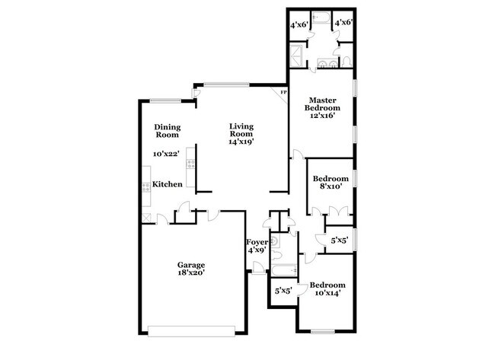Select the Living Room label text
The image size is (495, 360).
click(241, 130)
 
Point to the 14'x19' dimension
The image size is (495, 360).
click(241, 141)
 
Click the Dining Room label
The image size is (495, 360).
click(167, 130)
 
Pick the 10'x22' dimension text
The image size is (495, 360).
click(164, 154)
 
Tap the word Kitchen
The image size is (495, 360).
click(167, 184)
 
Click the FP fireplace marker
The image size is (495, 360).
click(283, 93)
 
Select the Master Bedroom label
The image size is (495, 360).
click(322, 104)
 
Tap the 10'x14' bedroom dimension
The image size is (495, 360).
click(324, 292)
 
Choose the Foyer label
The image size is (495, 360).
click(257, 242)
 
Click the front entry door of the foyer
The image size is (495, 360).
click(259, 267)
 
